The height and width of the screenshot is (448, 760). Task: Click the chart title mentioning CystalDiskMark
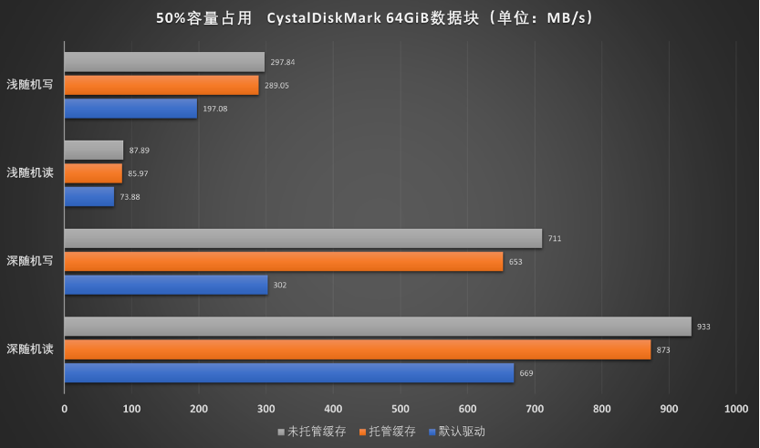click(x=380, y=17)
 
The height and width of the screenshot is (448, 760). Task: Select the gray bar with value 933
click(x=377, y=327)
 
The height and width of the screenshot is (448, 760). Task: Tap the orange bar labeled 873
click(x=357, y=349)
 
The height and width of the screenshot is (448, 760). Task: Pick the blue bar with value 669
click(x=288, y=373)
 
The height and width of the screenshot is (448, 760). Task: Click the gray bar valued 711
click(x=303, y=239)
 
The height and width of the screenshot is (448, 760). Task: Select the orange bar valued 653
click(x=283, y=262)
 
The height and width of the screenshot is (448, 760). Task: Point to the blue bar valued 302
click(x=165, y=285)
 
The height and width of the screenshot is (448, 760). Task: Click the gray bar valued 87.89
click(x=93, y=151)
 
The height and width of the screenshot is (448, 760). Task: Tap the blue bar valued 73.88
click(x=88, y=196)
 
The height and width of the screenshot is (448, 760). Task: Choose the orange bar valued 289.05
click(x=161, y=85)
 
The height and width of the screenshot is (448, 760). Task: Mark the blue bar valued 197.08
click(x=130, y=109)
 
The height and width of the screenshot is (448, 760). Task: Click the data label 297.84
click(x=282, y=62)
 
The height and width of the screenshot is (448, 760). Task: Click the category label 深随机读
click(x=30, y=349)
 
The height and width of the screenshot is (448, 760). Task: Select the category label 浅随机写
click(x=30, y=86)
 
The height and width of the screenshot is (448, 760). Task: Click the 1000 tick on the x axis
click(x=735, y=410)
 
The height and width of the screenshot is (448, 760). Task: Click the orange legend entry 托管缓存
click(x=388, y=431)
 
